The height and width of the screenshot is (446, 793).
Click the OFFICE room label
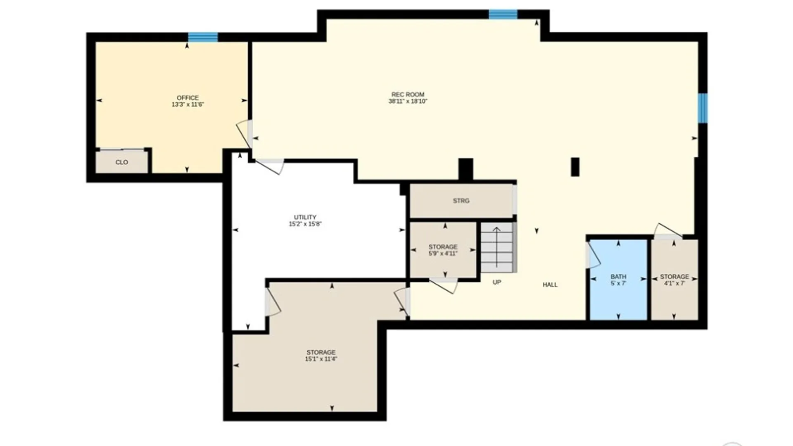pos(188,98)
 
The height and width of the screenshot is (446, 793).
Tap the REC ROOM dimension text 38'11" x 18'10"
pos(408,101)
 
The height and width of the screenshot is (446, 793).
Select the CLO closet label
pos(121,162)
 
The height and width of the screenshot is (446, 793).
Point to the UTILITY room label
pos(305,217)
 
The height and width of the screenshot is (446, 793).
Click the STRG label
pos(461,201)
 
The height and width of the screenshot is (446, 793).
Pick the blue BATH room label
pos(618,277)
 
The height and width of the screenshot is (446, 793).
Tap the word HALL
pos(550,285)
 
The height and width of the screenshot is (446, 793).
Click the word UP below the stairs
pos(497,282)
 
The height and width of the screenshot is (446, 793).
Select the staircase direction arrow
pos(496,247)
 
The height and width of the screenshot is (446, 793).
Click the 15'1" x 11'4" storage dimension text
pos(321,359)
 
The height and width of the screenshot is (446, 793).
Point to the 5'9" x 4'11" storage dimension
pos(443,254)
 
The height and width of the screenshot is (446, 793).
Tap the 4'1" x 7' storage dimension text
pos(674,283)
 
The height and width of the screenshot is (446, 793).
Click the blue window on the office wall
pos(203,37)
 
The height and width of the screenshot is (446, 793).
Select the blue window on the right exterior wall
pos(703,108)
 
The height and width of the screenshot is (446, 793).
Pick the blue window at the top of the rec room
pos(503,14)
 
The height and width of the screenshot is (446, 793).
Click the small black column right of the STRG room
pos(575,167)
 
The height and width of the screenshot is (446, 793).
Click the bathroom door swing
pos(593,255)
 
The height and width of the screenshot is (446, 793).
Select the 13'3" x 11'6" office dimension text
pos(188,104)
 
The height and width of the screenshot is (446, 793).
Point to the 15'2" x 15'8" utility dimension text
pos(305,224)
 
